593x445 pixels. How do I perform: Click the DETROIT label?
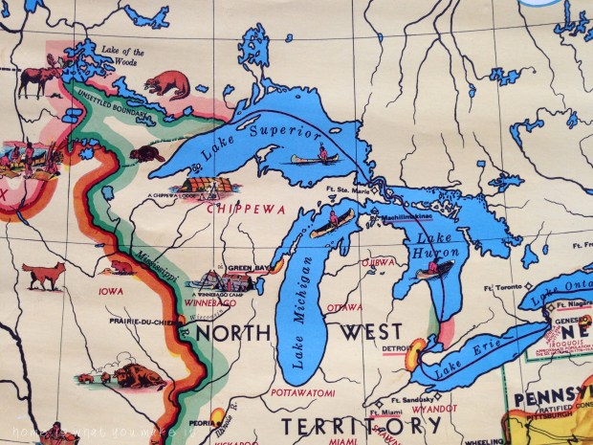click(396, 347)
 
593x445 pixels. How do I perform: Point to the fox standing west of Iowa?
click(45, 276)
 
